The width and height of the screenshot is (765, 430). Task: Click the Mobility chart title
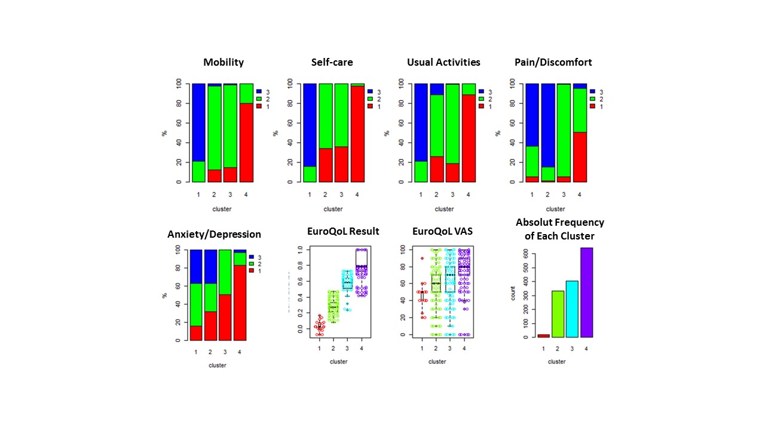pos(224,62)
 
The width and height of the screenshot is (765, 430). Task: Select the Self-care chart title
pos(332,62)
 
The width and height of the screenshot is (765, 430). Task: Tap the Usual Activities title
pos(443,62)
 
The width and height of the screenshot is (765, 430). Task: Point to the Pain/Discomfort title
pos(553,62)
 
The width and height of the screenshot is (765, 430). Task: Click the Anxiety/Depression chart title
pos(215,234)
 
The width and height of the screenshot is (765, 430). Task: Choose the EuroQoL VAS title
pos(442,231)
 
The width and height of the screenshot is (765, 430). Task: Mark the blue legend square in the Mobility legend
pos(259,92)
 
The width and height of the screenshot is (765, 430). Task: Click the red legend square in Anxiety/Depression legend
pos(252,271)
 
